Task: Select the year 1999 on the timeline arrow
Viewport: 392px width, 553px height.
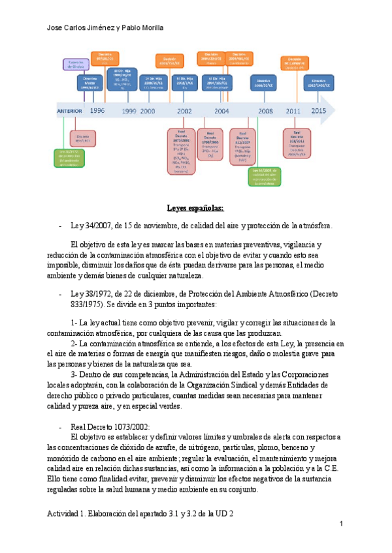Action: click(x=129, y=111)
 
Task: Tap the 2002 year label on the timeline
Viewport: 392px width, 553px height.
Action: click(x=184, y=111)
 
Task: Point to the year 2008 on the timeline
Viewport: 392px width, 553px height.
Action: click(x=265, y=111)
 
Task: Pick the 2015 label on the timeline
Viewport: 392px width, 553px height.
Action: click(x=318, y=111)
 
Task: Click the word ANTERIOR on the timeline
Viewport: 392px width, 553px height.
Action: click(x=69, y=111)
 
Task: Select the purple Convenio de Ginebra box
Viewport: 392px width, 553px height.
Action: click(x=77, y=63)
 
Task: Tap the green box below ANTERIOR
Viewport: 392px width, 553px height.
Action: click(x=69, y=157)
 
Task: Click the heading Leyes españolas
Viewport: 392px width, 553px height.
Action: click(x=195, y=208)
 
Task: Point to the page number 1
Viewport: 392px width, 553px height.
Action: click(x=341, y=524)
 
